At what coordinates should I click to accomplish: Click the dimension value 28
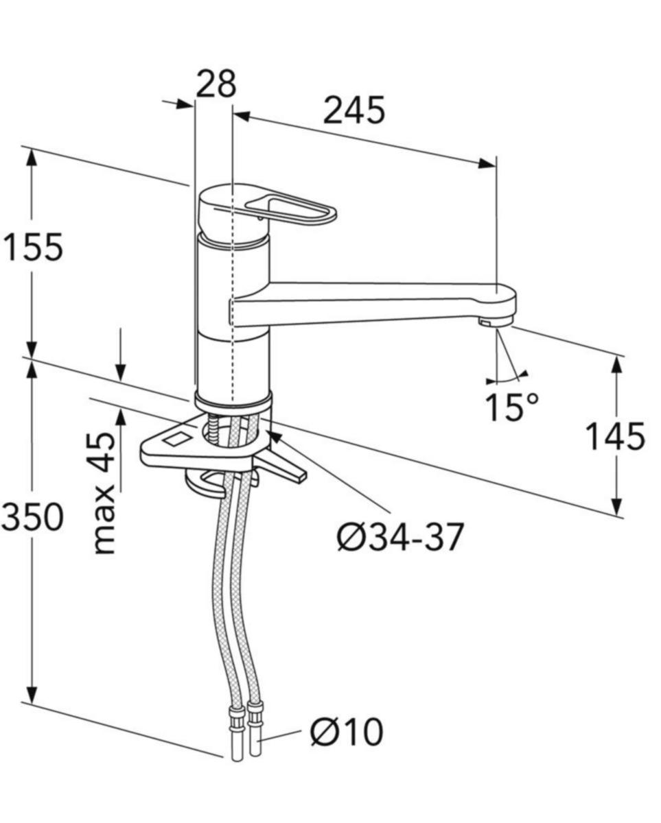[x=216, y=84]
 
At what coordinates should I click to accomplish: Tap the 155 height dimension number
[x=32, y=248]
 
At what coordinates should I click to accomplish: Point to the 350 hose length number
[x=32, y=517]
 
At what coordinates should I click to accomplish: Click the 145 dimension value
[x=615, y=436]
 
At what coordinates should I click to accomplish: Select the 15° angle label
[x=512, y=407]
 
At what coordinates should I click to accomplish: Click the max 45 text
[x=105, y=492]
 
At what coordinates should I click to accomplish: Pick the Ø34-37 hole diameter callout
[x=400, y=537]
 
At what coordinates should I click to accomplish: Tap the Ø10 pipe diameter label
[x=346, y=732]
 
